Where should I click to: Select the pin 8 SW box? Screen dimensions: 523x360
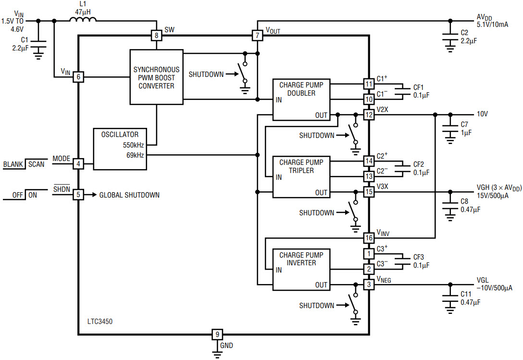click(156, 36)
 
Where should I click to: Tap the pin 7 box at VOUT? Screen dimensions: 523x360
click(257, 36)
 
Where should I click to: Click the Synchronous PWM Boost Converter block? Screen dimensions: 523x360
click(156, 77)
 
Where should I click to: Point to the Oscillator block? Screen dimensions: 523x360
click(120, 149)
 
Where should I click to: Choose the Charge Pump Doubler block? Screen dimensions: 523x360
click(301, 99)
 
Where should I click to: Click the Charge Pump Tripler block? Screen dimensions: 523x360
click(301, 177)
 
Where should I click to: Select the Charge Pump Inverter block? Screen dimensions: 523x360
click(301, 270)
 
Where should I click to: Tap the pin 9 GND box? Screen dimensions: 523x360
click(217, 335)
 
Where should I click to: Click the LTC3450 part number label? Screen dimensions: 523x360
click(100, 322)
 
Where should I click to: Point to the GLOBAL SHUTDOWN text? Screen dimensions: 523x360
click(129, 195)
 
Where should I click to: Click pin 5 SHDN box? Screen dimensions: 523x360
click(78, 195)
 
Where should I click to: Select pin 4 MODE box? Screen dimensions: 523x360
click(78, 164)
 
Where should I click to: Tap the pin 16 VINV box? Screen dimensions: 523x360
click(369, 238)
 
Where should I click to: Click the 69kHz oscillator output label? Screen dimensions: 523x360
click(135, 155)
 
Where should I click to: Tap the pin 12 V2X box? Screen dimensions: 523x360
click(369, 115)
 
